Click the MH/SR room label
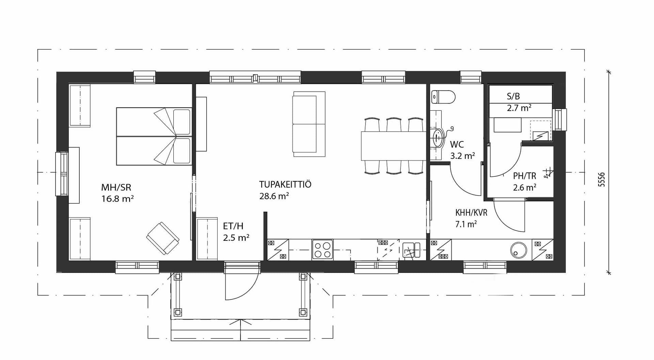(116, 187)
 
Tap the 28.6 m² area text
(274, 196)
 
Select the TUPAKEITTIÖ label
(285, 184)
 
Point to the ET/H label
(233, 226)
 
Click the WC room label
(457, 144)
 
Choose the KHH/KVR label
(471, 213)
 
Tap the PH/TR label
(525, 176)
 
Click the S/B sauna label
(513, 96)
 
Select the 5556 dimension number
(602, 179)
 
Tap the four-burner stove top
(322, 250)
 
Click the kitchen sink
(412, 250)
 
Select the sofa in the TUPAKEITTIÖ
(309, 124)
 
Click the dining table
(393, 146)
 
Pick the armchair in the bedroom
(163, 238)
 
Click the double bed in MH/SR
(154, 137)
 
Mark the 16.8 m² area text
(118, 199)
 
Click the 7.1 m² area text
(466, 224)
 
